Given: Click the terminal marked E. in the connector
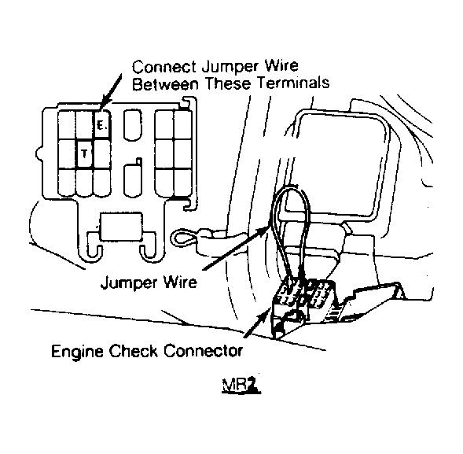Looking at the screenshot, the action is (102, 124).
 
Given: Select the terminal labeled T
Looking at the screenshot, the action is (85, 154).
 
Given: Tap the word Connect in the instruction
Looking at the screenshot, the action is (164, 67).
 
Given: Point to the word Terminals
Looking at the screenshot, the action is (293, 83).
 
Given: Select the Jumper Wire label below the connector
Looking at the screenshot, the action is (149, 282).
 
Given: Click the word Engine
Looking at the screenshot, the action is (77, 352).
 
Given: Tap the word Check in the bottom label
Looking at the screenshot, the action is (134, 351).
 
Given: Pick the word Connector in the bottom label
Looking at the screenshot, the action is (203, 351).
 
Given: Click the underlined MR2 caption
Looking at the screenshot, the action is (241, 386).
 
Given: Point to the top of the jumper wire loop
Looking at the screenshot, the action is (291, 188).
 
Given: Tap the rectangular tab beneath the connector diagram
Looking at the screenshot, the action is (121, 227).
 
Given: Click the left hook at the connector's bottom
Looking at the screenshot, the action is (95, 244).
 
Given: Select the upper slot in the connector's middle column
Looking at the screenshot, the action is (132, 125).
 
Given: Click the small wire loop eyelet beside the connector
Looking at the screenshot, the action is (182, 238).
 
